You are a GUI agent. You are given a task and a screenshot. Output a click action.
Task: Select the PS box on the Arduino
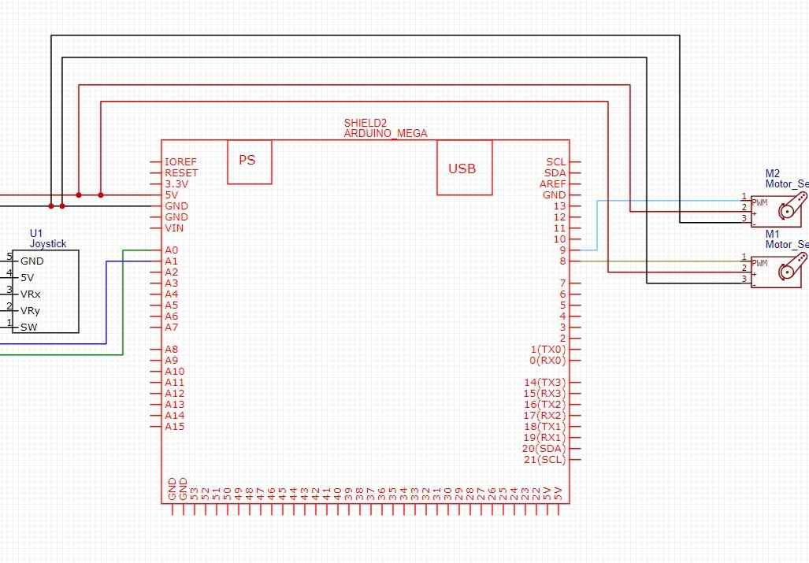tap(248, 161)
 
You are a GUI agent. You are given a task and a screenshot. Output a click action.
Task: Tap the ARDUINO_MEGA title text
tap(385, 134)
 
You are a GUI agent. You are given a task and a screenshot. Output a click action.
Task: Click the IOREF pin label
tap(181, 162)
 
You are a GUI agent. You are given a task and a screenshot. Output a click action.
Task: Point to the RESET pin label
tap(181, 173)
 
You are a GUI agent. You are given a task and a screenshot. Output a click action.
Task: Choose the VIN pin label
tap(174, 228)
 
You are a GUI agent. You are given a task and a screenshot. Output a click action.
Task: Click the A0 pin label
tap(172, 250)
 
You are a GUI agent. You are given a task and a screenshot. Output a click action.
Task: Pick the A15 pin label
tap(174, 427)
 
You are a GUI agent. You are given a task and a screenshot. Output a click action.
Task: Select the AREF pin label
tap(552, 184)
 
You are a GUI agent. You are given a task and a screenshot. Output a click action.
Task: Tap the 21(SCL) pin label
tap(544, 460)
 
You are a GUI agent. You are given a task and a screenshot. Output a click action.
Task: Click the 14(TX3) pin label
tap(544, 383)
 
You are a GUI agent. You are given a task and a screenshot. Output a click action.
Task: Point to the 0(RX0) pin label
tap(547, 361)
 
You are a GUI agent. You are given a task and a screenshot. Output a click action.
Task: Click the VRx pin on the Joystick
tap(31, 294)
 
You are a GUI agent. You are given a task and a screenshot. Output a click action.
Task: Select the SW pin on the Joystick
tap(29, 328)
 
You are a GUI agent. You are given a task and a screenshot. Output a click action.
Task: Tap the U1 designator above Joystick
tap(36, 234)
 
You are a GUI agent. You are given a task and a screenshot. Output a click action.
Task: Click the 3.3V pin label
tap(176, 184)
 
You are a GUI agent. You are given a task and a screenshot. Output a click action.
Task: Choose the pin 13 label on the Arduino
tap(559, 206)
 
